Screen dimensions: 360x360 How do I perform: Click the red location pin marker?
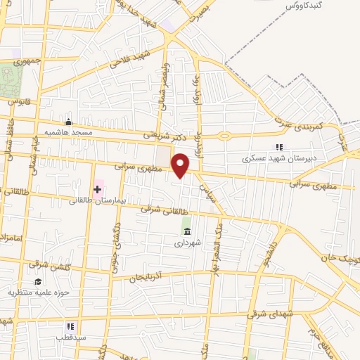[x=181, y=165]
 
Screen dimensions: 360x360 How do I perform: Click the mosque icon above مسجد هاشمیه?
[x=68, y=121]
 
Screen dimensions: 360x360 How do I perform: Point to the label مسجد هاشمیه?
[x=67, y=131]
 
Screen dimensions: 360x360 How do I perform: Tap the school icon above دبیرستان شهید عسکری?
[x=279, y=147]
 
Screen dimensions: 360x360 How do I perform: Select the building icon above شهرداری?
[x=186, y=231]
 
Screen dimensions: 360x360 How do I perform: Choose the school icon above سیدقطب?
[x=70, y=326]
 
